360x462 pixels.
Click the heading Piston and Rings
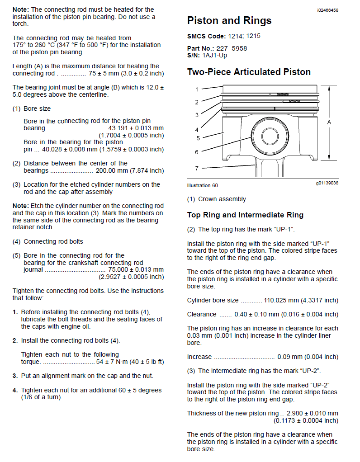229,21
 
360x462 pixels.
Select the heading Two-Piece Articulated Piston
249,72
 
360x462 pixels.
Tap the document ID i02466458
327,9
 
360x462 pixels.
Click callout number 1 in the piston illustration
197,90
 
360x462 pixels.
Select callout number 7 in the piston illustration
197,169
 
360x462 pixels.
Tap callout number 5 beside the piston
198,138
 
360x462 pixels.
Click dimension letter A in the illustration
329,122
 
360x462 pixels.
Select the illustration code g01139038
327,183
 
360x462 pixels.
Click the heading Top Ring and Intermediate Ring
245,215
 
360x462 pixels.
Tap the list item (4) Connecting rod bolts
48,241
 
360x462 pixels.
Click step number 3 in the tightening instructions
15,376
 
